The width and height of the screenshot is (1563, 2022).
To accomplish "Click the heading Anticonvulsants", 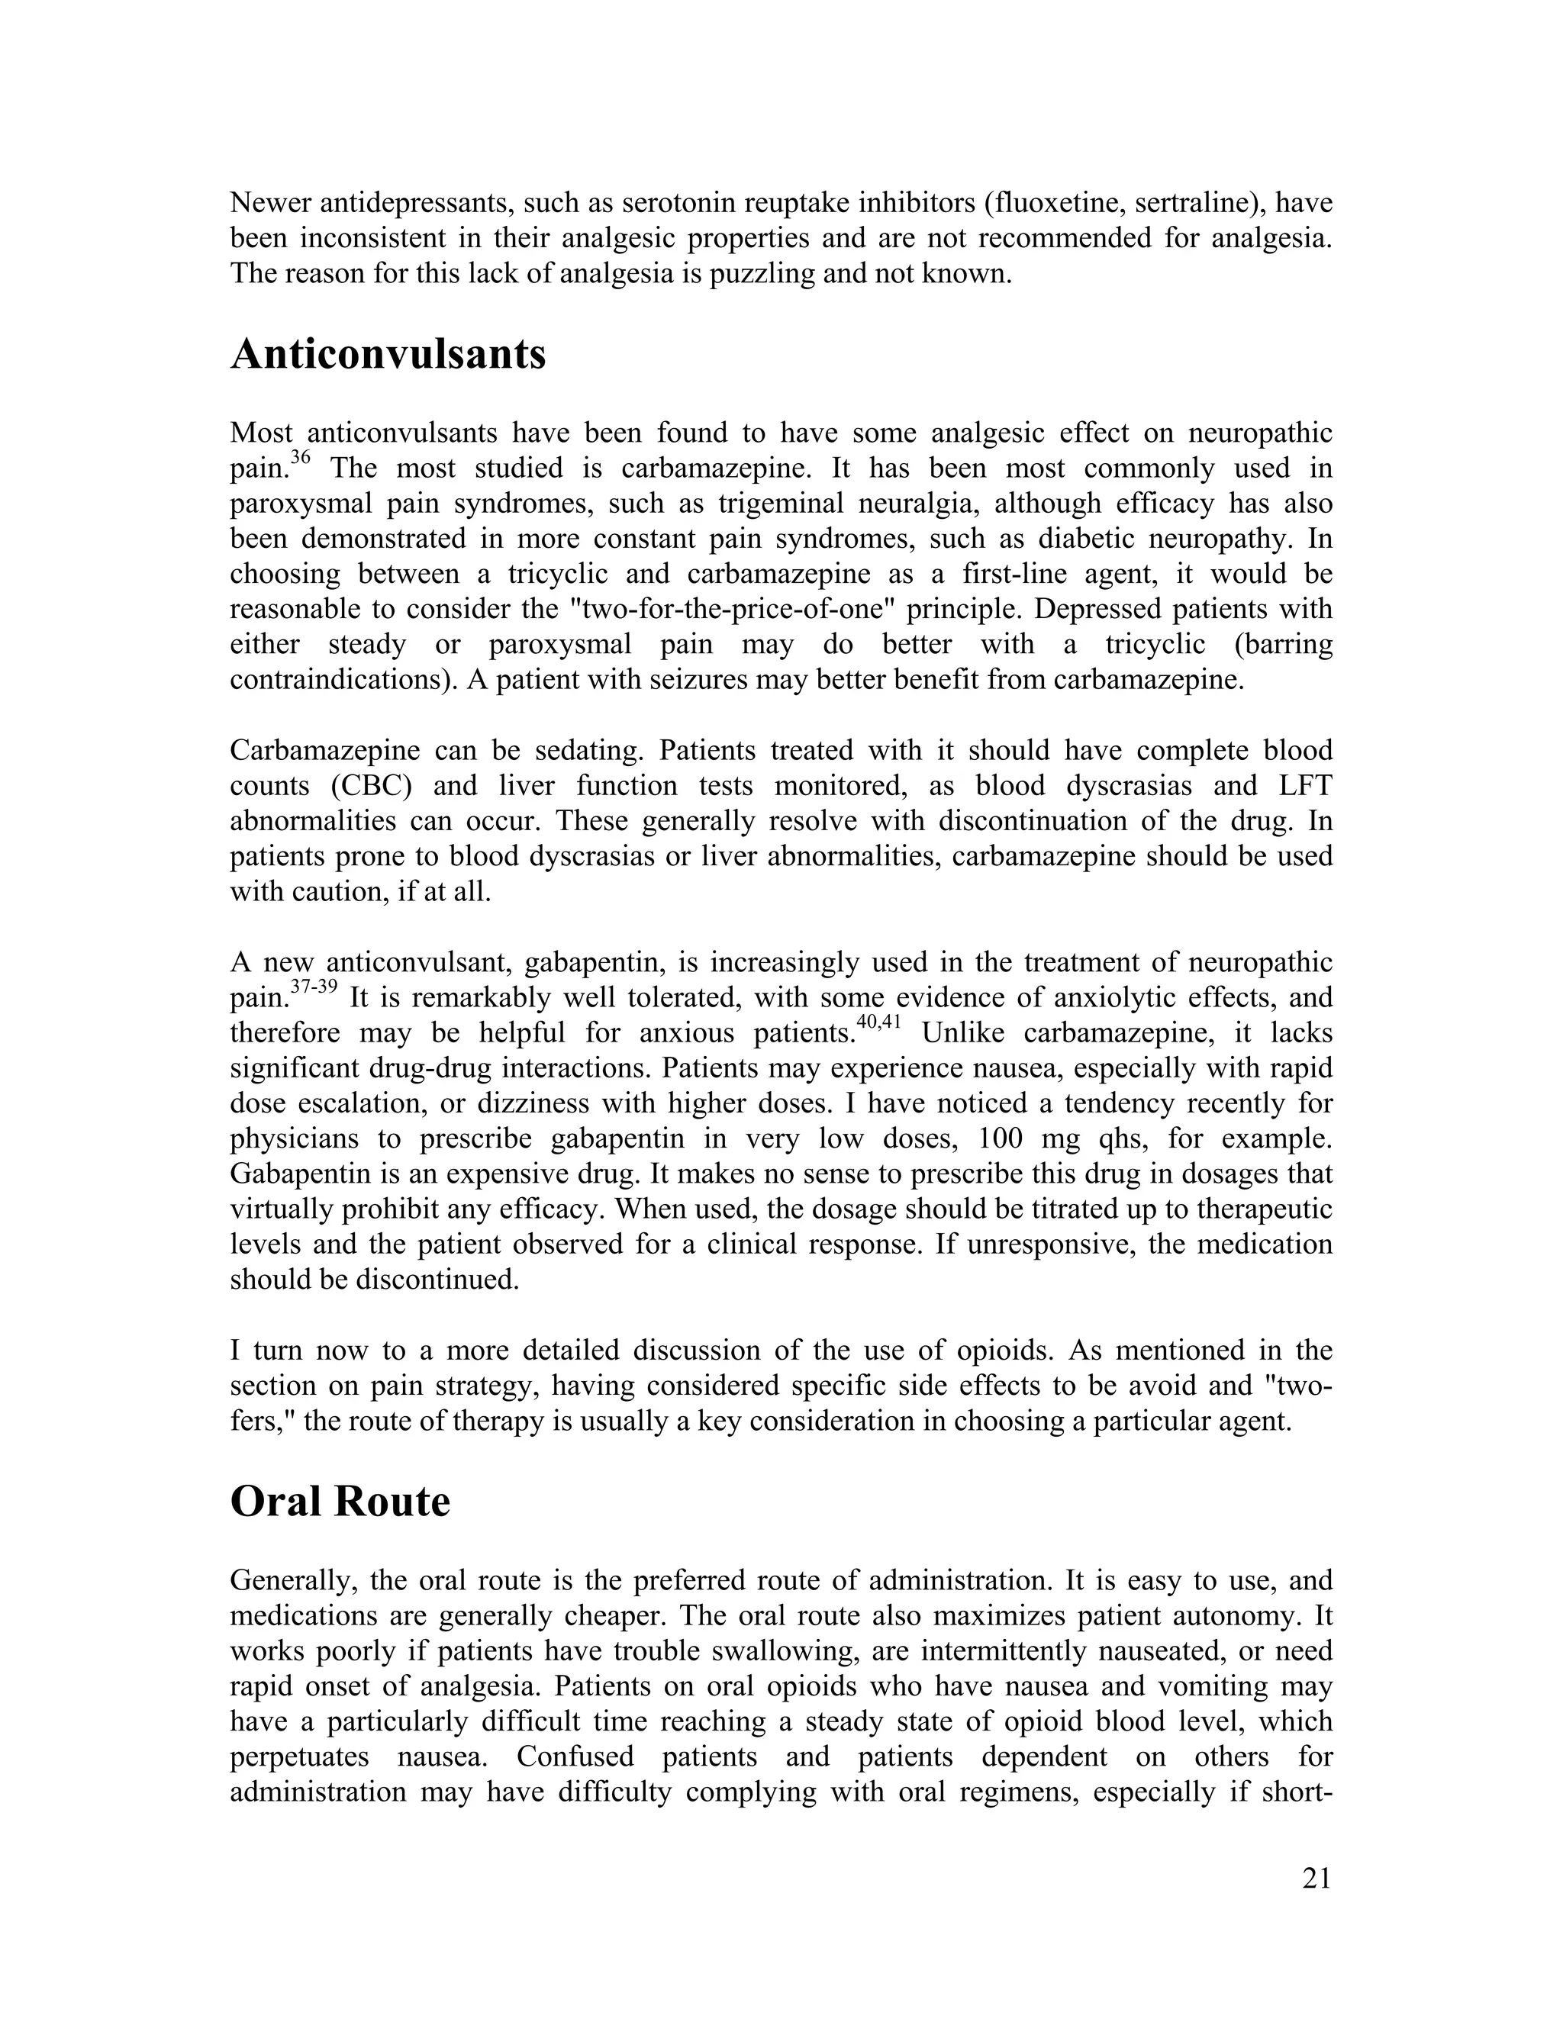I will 388,355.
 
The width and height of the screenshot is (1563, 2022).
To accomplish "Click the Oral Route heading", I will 340,1502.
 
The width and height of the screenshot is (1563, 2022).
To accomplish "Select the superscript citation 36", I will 301,456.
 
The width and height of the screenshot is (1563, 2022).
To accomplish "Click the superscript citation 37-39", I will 313,986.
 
